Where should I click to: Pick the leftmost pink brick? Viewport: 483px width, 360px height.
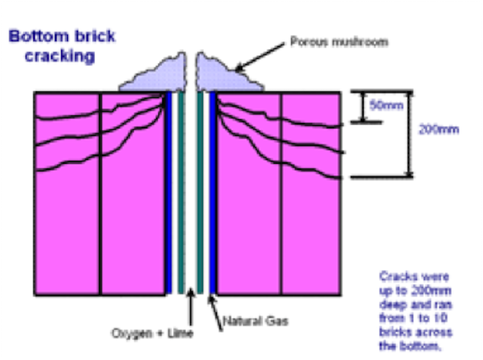(67, 226)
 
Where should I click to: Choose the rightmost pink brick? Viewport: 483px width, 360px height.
(310, 226)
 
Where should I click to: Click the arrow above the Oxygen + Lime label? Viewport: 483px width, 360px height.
(189, 309)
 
